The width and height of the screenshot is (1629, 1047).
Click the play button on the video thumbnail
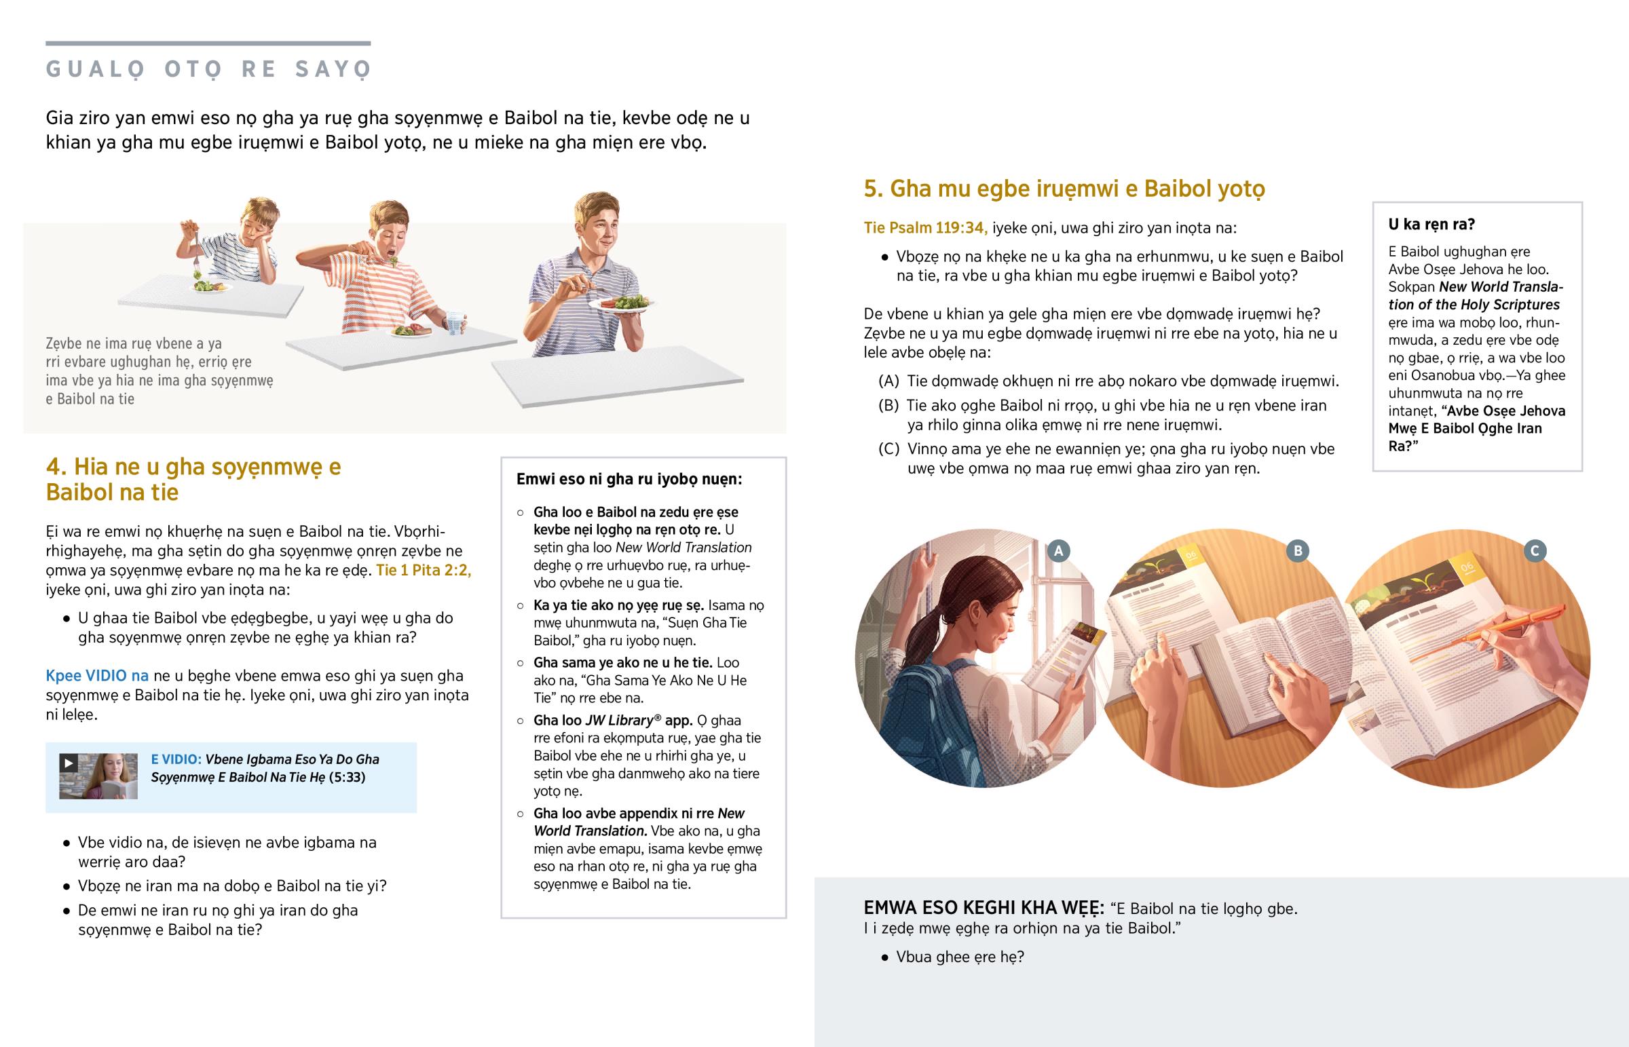[68, 763]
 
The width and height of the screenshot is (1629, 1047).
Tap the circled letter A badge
[1058, 551]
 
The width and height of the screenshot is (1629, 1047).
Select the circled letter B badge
[1298, 551]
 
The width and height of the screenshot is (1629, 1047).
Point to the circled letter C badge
[1535, 551]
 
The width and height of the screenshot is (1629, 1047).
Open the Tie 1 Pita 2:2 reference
[424, 570]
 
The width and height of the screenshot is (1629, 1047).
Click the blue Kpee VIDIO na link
[97, 676]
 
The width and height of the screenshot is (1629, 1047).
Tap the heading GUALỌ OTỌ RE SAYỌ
[209, 69]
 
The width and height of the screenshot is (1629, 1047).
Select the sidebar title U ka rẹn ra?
[1431, 225]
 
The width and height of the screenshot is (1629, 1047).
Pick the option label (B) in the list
[888, 406]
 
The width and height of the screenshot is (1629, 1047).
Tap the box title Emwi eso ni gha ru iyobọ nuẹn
[629, 479]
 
